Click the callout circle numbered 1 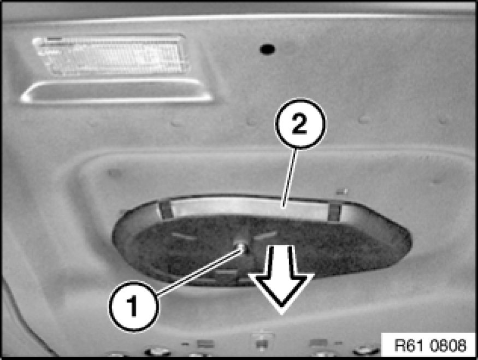(133, 306)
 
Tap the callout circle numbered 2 (300, 124)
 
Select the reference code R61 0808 (430, 345)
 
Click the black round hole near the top (267, 49)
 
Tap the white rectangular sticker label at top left (111, 55)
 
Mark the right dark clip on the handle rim (334, 213)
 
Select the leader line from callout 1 (198, 272)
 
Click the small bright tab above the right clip (341, 192)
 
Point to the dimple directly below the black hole (251, 121)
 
